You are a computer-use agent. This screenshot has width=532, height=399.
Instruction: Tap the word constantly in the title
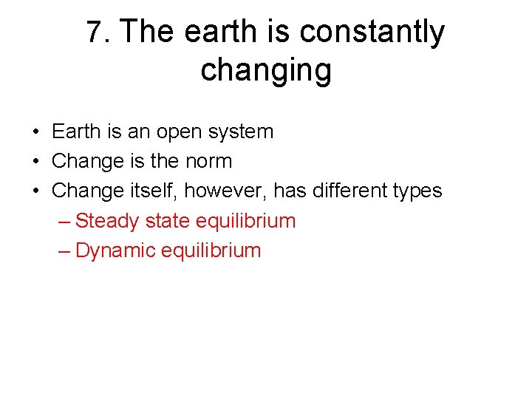[372, 33]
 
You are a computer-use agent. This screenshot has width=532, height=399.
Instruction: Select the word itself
[151, 191]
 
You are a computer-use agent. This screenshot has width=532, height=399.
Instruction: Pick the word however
[225, 191]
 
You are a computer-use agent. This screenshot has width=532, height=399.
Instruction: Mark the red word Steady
[107, 221]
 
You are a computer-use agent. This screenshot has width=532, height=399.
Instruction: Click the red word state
[165, 221]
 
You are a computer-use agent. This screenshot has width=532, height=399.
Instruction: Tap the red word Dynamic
[115, 250]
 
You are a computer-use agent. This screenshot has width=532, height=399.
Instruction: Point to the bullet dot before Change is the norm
[35, 162]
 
